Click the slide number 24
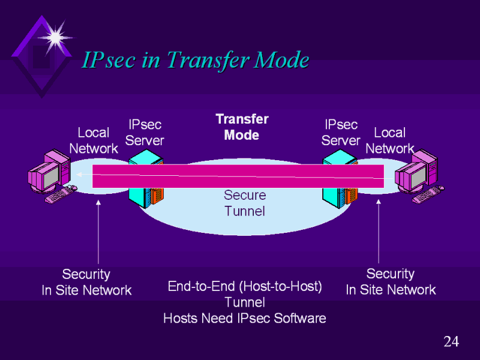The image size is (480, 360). click(x=451, y=342)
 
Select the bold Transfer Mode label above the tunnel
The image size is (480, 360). click(x=242, y=127)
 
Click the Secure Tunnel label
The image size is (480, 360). click(x=244, y=203)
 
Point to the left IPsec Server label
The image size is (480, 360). click(x=145, y=132)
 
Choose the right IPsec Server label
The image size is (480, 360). click(x=341, y=132)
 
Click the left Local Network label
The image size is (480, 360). click(x=94, y=140)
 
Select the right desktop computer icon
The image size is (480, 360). click(x=419, y=175)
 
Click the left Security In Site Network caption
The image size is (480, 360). click(x=86, y=282)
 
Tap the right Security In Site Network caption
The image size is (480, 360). click(x=391, y=282)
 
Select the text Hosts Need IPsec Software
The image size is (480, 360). click(x=245, y=318)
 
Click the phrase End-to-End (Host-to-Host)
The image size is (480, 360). click(x=245, y=287)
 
